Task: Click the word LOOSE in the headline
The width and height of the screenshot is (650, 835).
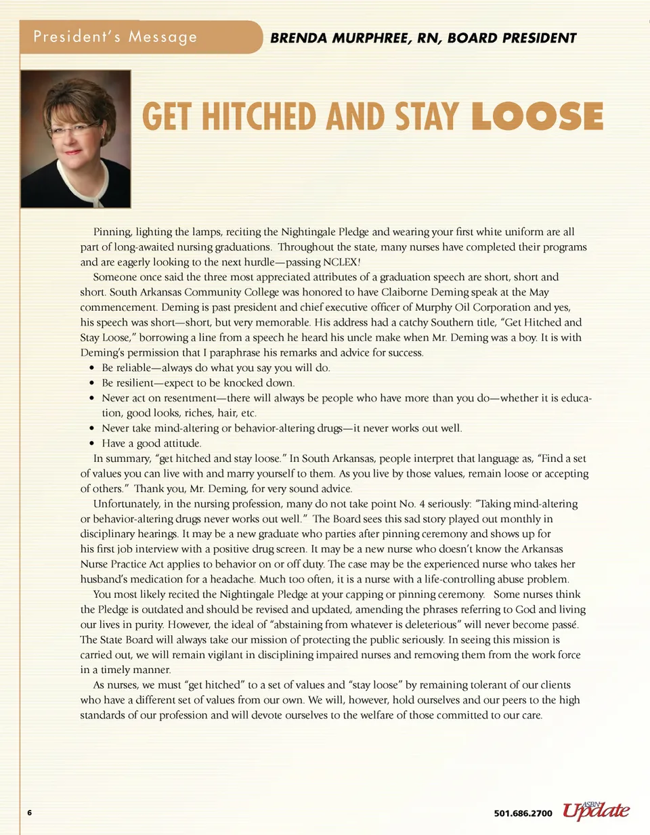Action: coord(537,116)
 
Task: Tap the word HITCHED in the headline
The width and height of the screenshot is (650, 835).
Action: coord(259,116)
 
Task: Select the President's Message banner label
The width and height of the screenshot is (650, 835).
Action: coord(115,37)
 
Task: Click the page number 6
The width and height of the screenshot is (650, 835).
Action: coord(30,812)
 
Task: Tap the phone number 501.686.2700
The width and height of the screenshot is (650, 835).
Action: coord(523,813)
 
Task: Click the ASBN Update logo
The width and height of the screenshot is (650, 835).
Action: coord(596,810)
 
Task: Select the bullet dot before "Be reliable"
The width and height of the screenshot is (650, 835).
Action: coord(92,368)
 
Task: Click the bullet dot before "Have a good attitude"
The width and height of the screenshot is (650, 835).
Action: coord(92,444)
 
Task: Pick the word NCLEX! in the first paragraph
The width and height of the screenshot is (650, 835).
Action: coord(342,262)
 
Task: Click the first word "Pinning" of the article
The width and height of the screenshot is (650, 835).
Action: coord(112,232)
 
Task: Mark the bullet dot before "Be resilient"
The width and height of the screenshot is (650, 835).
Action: coord(92,383)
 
